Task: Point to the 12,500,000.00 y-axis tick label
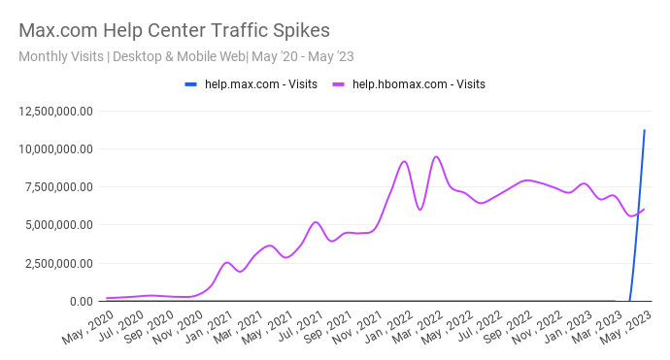(x=55, y=111)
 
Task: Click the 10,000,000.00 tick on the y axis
(x=55, y=148)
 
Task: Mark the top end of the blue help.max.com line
(x=645, y=130)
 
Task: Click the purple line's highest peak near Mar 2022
(x=436, y=156)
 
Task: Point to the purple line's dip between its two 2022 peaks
(x=419, y=210)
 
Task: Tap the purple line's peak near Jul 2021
(x=316, y=222)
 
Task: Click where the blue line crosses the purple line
(x=637, y=213)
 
